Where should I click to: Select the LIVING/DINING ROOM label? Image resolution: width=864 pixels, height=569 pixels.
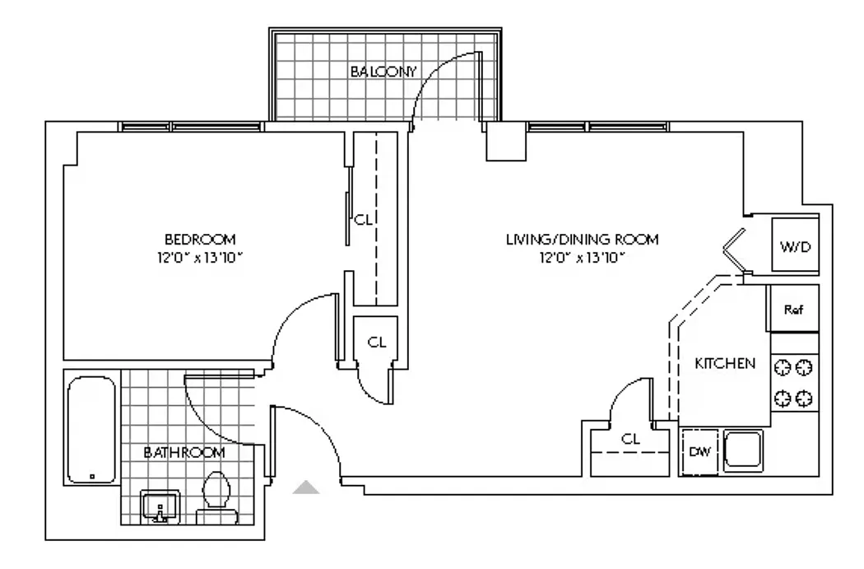tap(582, 240)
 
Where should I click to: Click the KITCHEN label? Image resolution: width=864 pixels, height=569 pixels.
tap(725, 363)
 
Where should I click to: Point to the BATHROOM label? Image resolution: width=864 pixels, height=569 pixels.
tap(184, 452)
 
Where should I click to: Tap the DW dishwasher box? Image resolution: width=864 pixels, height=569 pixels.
tap(699, 452)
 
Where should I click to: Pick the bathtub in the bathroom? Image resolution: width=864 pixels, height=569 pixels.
tap(91, 429)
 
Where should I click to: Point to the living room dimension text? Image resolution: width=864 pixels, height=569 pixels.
tap(582, 258)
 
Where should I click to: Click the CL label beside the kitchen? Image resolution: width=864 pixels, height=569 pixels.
tap(630, 439)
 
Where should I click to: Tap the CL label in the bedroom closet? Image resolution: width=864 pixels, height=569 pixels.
tap(362, 221)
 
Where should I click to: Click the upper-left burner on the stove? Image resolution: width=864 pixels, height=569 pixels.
tap(783, 366)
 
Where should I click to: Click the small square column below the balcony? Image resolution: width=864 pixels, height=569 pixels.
tap(504, 142)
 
